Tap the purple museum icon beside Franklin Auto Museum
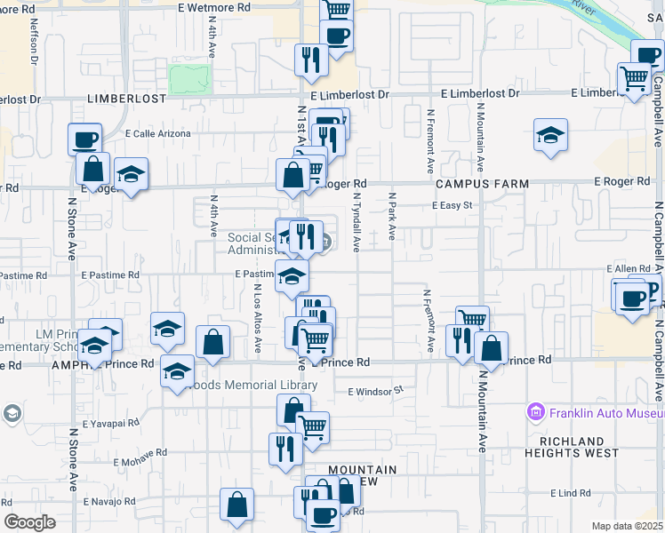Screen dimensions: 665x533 click(535, 412)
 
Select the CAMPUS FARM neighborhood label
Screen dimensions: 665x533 click(481, 183)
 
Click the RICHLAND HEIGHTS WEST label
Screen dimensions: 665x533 click(579, 447)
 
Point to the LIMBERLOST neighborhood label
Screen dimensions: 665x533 click(126, 99)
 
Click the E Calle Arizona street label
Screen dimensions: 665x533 click(158, 133)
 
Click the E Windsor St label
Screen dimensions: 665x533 click(376, 390)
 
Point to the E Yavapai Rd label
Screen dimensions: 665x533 click(110, 424)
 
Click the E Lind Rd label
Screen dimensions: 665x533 click(570, 493)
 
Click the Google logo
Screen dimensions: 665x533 click(30, 522)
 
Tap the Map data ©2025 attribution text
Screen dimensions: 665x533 click(628, 526)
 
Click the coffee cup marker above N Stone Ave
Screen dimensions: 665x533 click(85, 139)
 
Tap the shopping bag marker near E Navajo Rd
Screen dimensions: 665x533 click(237, 505)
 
